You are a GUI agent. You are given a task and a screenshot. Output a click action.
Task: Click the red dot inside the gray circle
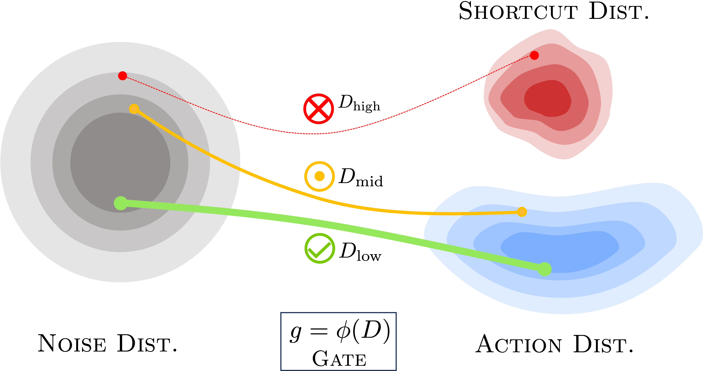(x=122, y=76)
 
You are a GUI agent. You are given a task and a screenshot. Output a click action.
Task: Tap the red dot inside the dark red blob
(x=534, y=55)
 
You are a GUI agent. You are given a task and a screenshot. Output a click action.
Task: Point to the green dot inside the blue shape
(x=544, y=269)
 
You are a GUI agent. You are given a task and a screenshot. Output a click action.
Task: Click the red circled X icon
(x=318, y=109)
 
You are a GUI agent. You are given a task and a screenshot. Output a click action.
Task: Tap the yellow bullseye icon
(x=320, y=176)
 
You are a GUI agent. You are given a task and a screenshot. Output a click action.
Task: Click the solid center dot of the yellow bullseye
(x=320, y=176)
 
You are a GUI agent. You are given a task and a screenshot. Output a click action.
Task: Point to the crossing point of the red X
(x=318, y=109)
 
